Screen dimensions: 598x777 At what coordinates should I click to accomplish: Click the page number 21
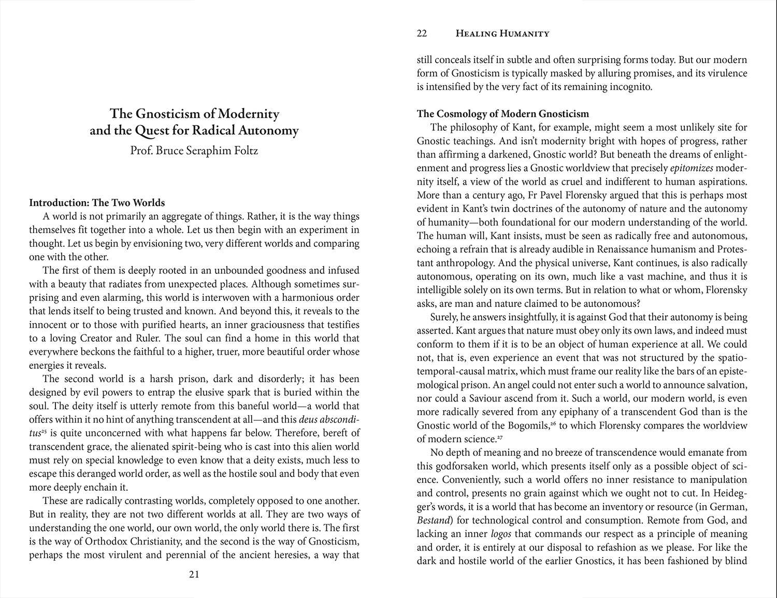click(194, 574)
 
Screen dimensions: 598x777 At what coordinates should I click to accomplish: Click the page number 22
click(422, 34)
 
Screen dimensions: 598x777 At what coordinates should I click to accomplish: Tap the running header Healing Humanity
click(502, 34)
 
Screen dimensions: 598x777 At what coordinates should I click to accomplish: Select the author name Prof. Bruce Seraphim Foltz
click(194, 151)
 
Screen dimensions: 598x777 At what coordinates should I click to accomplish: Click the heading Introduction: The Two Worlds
click(97, 203)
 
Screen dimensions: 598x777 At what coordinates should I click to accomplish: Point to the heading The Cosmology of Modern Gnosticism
click(502, 114)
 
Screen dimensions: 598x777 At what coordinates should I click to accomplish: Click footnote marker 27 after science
click(500, 437)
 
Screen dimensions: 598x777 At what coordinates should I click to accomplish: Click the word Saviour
click(484, 398)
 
